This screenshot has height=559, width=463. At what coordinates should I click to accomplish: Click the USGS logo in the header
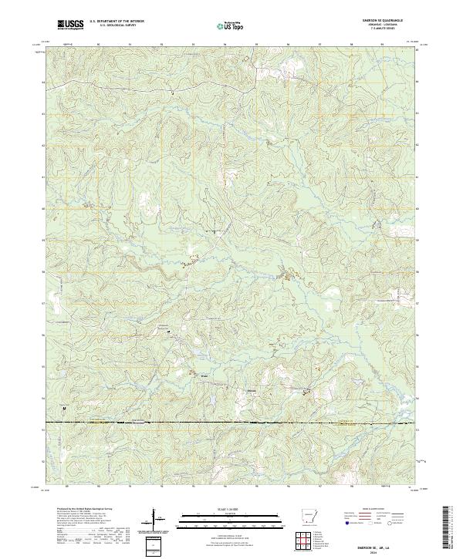(x=71, y=25)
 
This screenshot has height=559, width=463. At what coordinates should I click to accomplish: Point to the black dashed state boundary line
(x=231, y=422)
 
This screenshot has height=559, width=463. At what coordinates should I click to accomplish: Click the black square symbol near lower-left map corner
(x=65, y=407)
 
